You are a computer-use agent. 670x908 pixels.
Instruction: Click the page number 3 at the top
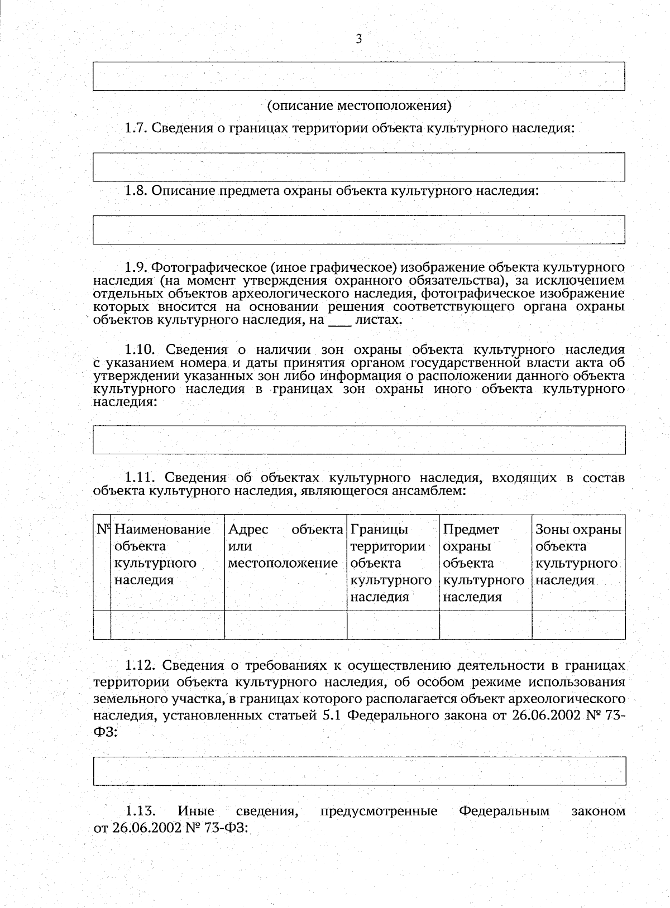point(359,39)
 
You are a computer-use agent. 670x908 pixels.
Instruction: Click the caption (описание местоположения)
point(359,105)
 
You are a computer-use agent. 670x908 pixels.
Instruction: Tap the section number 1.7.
point(135,128)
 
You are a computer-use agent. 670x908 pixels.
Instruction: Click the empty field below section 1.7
point(359,166)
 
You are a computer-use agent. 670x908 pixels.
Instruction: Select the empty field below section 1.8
point(359,229)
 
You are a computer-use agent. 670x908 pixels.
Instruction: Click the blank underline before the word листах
point(340,322)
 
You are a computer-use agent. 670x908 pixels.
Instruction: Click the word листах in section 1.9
point(378,320)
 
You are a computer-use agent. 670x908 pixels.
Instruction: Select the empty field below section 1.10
point(359,440)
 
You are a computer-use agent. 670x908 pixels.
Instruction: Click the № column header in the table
point(102,529)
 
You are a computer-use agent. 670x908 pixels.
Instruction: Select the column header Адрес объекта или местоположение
point(285,546)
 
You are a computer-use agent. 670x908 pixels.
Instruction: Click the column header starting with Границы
point(391,563)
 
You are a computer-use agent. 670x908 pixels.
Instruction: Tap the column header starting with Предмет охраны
point(484,563)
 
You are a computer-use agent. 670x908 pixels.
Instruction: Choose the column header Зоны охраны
point(578,554)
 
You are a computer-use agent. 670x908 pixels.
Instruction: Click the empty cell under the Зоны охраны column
point(578,624)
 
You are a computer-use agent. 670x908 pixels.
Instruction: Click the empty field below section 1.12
point(359,771)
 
